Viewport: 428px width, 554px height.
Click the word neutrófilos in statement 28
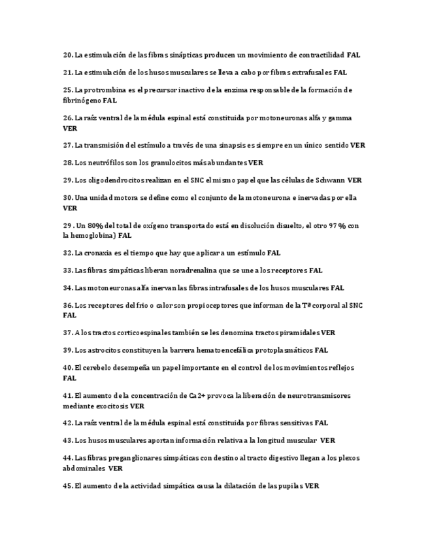click(114, 163)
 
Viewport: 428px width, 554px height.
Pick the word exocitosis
click(106, 406)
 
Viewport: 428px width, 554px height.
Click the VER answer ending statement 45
click(312, 486)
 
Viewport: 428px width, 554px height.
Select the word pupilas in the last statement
click(288, 486)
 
